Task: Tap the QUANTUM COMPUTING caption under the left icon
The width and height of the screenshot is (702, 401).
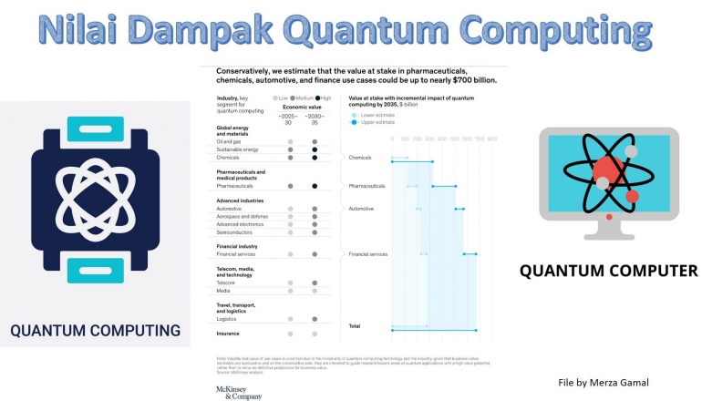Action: pyautogui.click(x=95, y=330)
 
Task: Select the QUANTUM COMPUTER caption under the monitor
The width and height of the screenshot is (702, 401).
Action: pyautogui.click(x=608, y=271)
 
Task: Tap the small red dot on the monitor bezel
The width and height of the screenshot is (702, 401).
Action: pyautogui.click(x=609, y=217)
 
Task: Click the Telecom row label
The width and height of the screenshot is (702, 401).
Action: pyautogui.click(x=226, y=283)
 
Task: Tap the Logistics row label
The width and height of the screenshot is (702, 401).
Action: pyautogui.click(x=227, y=319)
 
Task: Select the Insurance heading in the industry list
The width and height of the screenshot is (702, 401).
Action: pyautogui.click(x=228, y=334)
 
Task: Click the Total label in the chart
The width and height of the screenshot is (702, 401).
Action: pyautogui.click(x=356, y=325)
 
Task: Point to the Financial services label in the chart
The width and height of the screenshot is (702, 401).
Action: pyautogui.click(x=368, y=253)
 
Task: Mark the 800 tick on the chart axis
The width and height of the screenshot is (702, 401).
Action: pyautogui.click(x=491, y=139)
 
